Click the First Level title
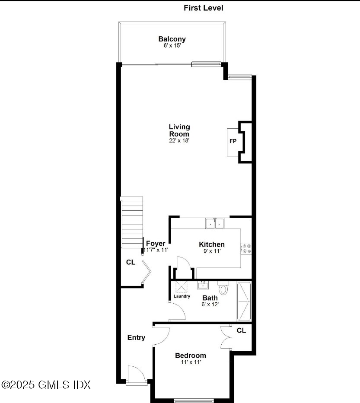click(204, 8)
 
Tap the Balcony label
click(172, 39)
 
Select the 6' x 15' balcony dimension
click(172, 46)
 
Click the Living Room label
click(179, 130)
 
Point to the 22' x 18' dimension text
click(179, 140)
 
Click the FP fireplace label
click(233, 141)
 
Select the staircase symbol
click(132, 222)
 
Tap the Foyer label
click(155, 244)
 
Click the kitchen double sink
click(215, 223)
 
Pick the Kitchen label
click(211, 244)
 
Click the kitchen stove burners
click(247, 248)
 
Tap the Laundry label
click(182, 296)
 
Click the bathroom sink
click(203, 285)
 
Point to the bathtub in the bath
click(244, 301)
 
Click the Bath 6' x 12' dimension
click(210, 304)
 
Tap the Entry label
click(136, 338)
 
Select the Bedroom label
click(190, 355)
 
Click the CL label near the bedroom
click(241, 330)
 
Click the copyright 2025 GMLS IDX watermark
click(46, 384)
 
